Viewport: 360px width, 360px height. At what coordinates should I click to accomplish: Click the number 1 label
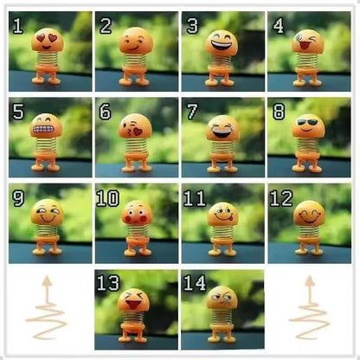pos(18,26)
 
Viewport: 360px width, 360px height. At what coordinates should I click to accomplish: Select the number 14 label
pos(195,283)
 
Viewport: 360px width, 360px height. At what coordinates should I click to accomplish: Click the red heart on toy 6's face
pos(138,132)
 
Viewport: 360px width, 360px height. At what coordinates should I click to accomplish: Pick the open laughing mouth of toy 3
pos(222,45)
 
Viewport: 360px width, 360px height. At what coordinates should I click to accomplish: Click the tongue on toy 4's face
pos(302,46)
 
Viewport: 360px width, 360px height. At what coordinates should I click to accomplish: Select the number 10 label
pos(107,198)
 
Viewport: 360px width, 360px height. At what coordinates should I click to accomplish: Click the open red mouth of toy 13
pos(133,304)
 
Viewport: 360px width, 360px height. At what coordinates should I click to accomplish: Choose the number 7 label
pos(192,112)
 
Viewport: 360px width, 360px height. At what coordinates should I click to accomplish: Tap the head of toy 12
pos(309,213)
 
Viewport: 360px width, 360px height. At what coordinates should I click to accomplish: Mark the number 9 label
pos(18,198)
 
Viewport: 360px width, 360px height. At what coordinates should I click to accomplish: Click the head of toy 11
pos(223,214)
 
